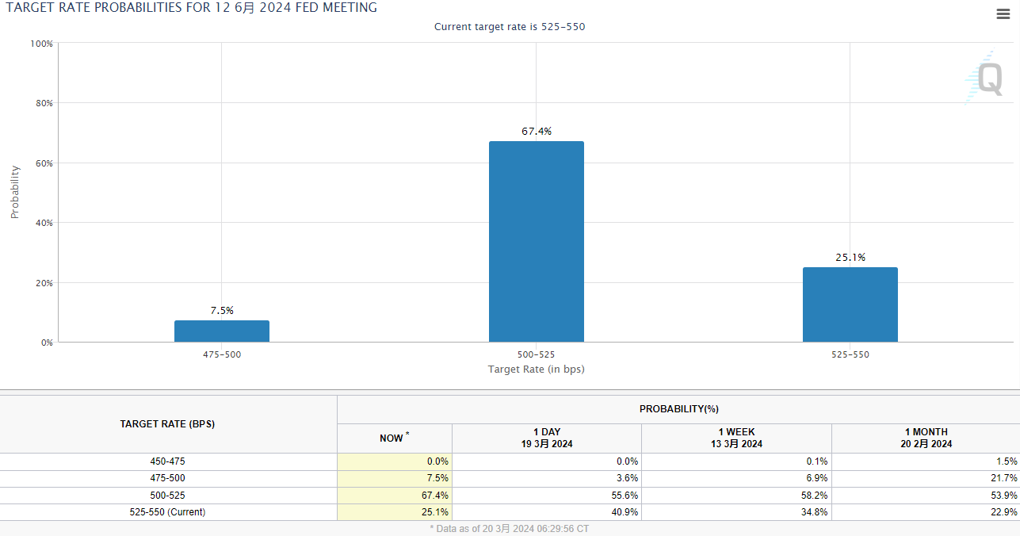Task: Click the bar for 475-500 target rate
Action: point(222,331)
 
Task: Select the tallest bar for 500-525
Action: point(536,242)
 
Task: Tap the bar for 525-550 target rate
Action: point(850,304)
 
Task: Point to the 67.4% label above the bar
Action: point(536,132)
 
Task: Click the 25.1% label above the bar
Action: point(850,258)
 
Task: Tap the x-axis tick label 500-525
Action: point(536,354)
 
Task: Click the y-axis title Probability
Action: point(15,192)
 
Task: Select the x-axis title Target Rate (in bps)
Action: point(536,369)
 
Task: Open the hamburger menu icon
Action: point(1003,13)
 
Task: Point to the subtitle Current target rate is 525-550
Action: point(510,27)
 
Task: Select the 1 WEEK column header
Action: point(736,438)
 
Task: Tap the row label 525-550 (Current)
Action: point(167,512)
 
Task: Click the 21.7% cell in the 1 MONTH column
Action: point(1004,478)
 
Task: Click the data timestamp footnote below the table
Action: point(510,528)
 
